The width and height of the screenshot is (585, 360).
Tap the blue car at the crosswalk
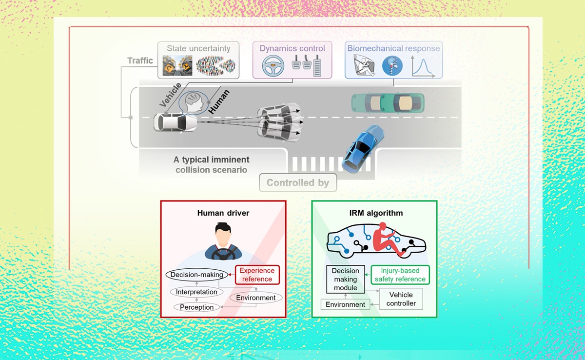pyautogui.click(x=362, y=147)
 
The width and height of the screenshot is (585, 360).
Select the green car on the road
pyautogui.click(x=388, y=102)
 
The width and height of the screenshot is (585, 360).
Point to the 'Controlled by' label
pyautogui.click(x=297, y=183)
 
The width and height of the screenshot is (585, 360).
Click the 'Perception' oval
pyautogui.click(x=197, y=307)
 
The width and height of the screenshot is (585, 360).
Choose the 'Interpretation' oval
pyautogui.click(x=197, y=292)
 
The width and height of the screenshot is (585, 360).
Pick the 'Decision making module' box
pyautogui.click(x=345, y=280)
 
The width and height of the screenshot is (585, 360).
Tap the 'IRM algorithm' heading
pyautogui.click(x=375, y=213)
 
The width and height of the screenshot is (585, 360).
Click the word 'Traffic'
pyautogui.click(x=140, y=61)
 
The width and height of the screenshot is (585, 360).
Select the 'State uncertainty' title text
pyautogui.click(x=198, y=48)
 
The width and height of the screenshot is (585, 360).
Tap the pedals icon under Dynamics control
pyautogui.click(x=306, y=63)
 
